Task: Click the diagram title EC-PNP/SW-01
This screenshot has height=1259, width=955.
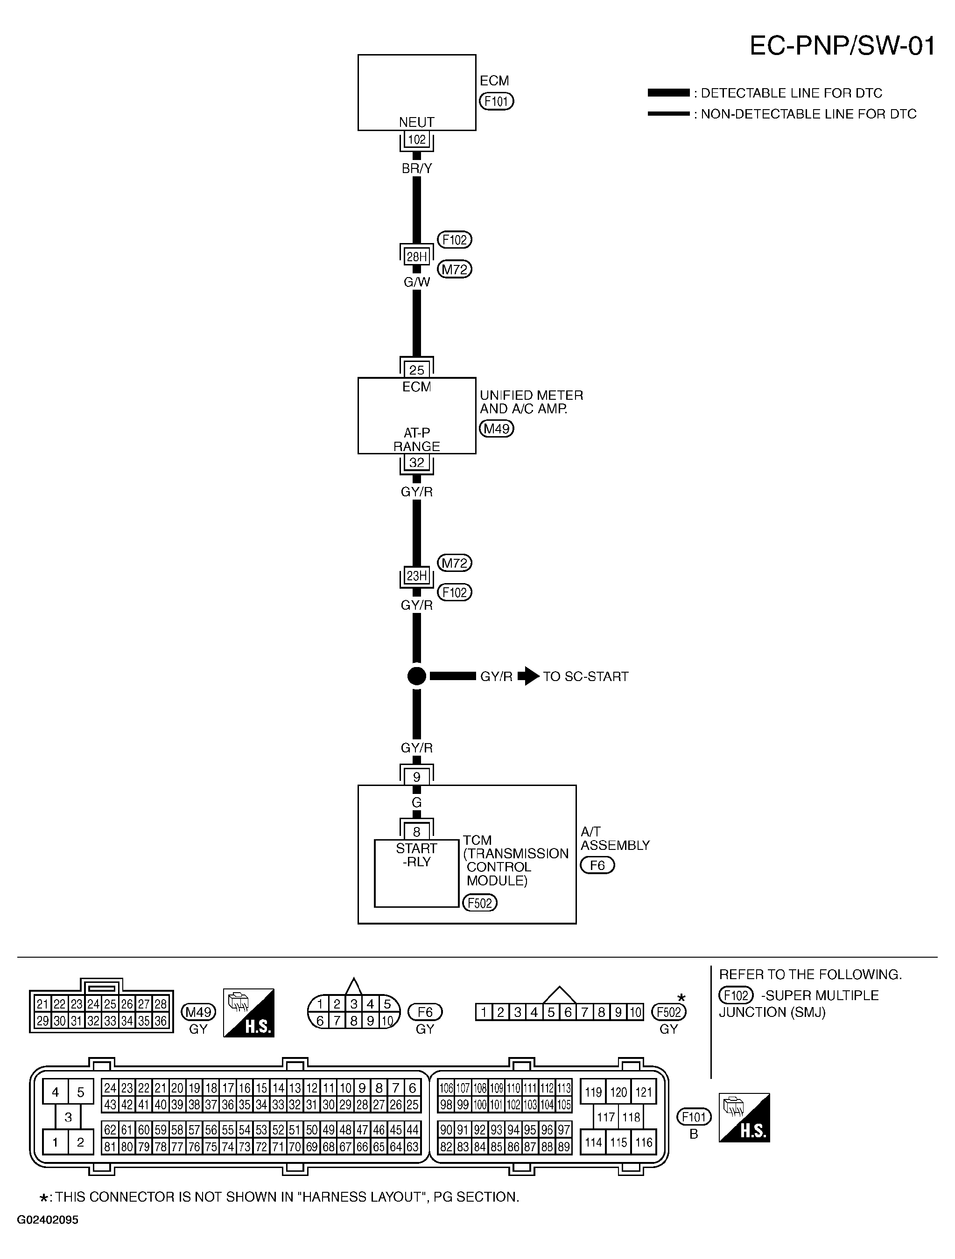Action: pyautogui.click(x=842, y=46)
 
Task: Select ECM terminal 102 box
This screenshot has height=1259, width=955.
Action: pyautogui.click(x=416, y=139)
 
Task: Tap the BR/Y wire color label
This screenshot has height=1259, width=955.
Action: pyautogui.click(x=416, y=168)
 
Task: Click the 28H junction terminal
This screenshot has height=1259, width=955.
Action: pyautogui.click(x=416, y=257)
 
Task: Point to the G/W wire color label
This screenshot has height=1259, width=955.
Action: pyautogui.click(x=416, y=282)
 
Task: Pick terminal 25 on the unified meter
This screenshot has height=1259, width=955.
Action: pyautogui.click(x=416, y=370)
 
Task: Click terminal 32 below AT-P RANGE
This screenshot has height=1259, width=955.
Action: pyautogui.click(x=416, y=463)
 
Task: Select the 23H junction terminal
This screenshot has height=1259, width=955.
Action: pyautogui.click(x=416, y=576)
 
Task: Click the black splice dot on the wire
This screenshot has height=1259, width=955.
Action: pyautogui.click(x=416, y=676)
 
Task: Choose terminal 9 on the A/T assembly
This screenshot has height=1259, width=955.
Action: pyautogui.click(x=416, y=777)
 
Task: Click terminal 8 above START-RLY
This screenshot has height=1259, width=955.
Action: pyautogui.click(x=416, y=832)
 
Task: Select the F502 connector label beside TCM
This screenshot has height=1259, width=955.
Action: pyautogui.click(x=479, y=903)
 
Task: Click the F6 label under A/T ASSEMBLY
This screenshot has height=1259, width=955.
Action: pyautogui.click(x=597, y=866)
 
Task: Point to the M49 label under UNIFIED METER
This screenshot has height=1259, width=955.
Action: pyautogui.click(x=496, y=429)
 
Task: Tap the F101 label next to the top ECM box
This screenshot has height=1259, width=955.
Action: pyautogui.click(x=496, y=101)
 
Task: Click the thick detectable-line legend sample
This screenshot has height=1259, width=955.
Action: pyautogui.click(x=668, y=93)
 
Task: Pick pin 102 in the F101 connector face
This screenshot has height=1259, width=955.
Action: pyautogui.click(x=513, y=1105)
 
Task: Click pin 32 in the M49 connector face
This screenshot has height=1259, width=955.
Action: pyautogui.click(x=93, y=1021)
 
